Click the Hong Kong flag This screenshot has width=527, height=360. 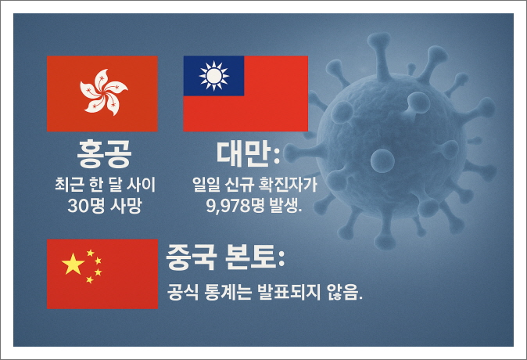point(102,93)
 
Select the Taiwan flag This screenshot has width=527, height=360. point(245,93)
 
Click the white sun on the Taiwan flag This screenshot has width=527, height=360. point(213,76)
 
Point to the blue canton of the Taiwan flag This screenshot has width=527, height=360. point(213,76)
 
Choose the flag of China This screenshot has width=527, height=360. point(102,274)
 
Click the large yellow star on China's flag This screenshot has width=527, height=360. point(73,265)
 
